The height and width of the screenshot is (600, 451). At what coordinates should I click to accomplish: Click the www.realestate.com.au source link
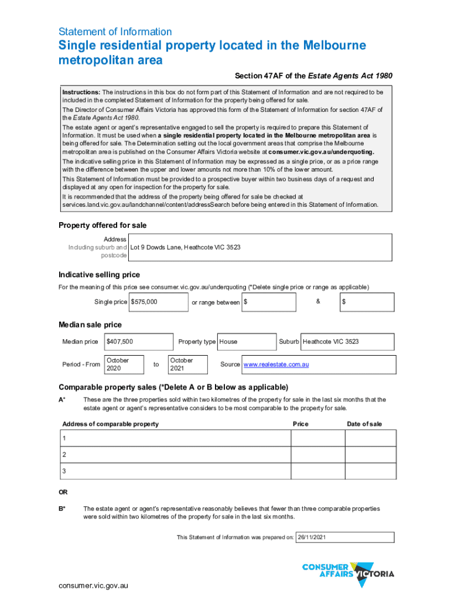click(276, 364)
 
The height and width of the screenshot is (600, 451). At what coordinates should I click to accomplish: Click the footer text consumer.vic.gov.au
click(93, 585)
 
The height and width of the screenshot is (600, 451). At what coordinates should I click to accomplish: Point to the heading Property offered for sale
click(102, 226)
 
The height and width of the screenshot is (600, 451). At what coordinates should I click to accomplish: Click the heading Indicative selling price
click(99, 275)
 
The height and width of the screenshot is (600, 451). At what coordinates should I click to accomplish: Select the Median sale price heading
click(90, 324)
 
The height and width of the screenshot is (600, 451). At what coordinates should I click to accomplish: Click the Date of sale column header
click(364, 424)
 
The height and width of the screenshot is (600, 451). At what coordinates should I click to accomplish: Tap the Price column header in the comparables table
click(300, 424)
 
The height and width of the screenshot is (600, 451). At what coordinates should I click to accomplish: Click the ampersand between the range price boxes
click(318, 301)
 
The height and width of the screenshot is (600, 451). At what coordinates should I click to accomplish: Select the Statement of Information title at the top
click(115, 32)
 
